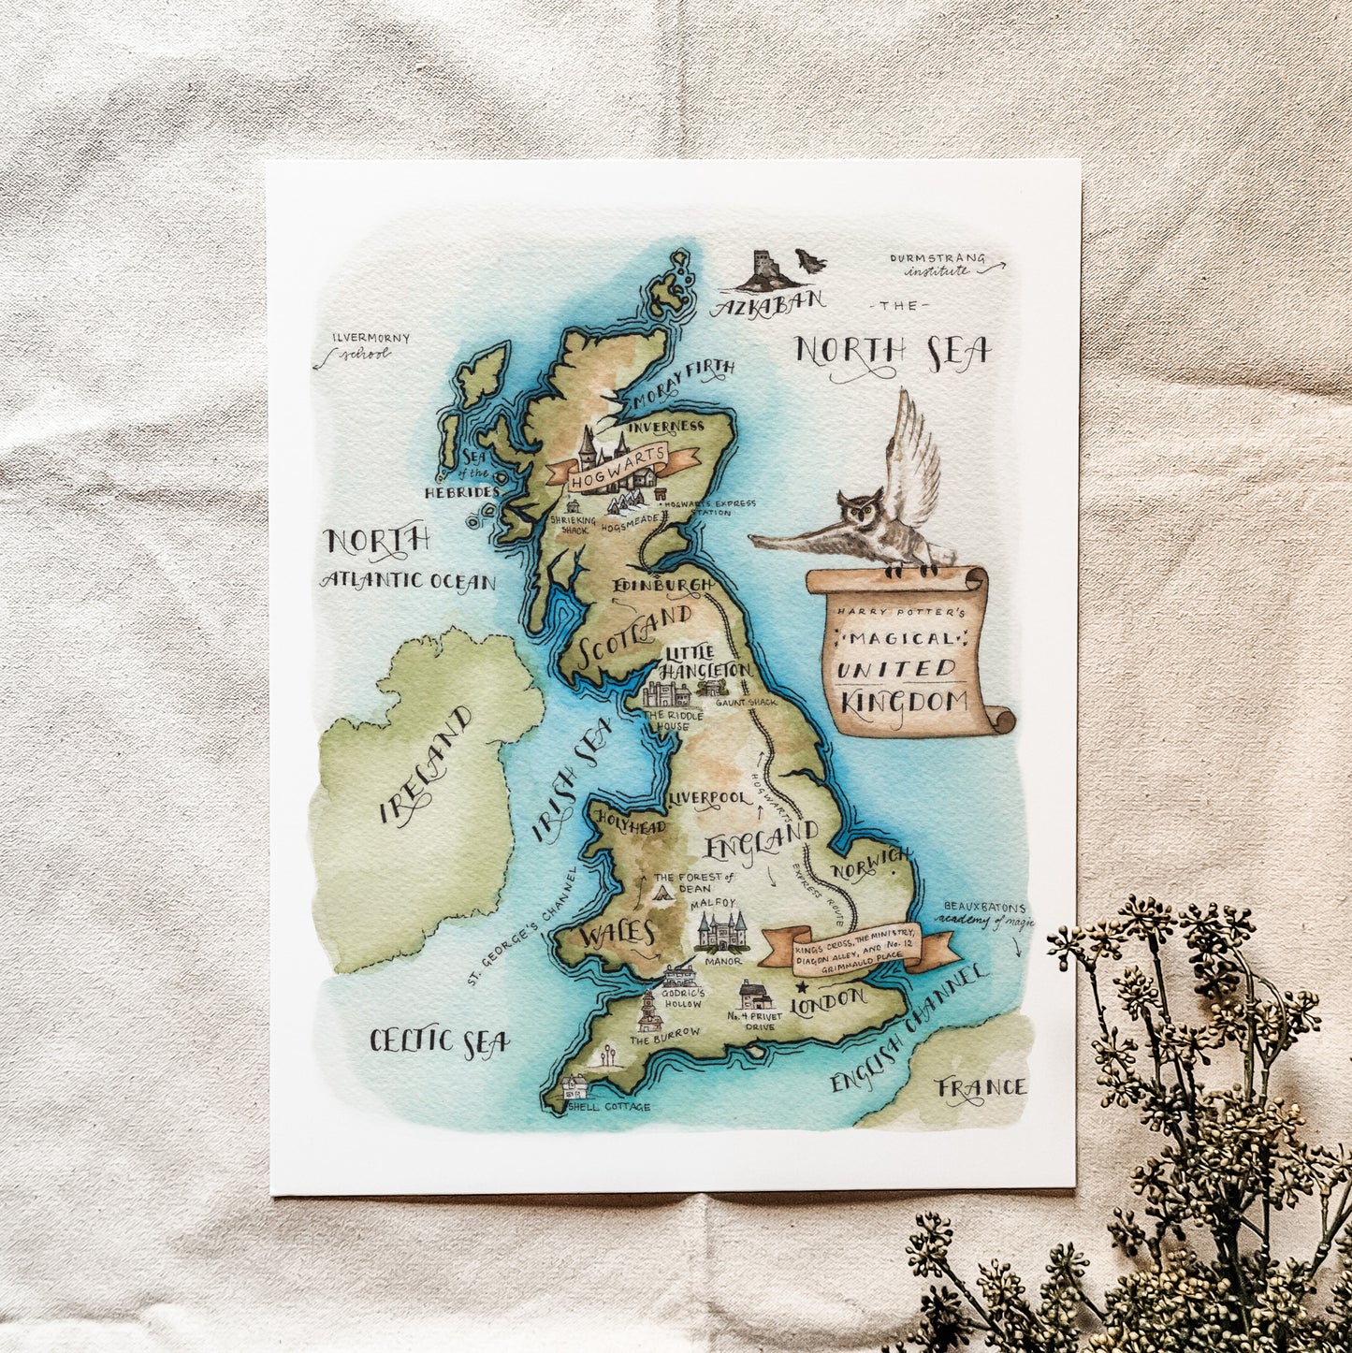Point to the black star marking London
click(x=800, y=985)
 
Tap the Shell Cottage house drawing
click(x=575, y=1088)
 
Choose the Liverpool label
click(x=710, y=798)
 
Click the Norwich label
click(x=876, y=863)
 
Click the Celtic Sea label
click(x=439, y=1040)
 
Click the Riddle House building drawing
click(x=668, y=695)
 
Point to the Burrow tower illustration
click(x=646, y=1012)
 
